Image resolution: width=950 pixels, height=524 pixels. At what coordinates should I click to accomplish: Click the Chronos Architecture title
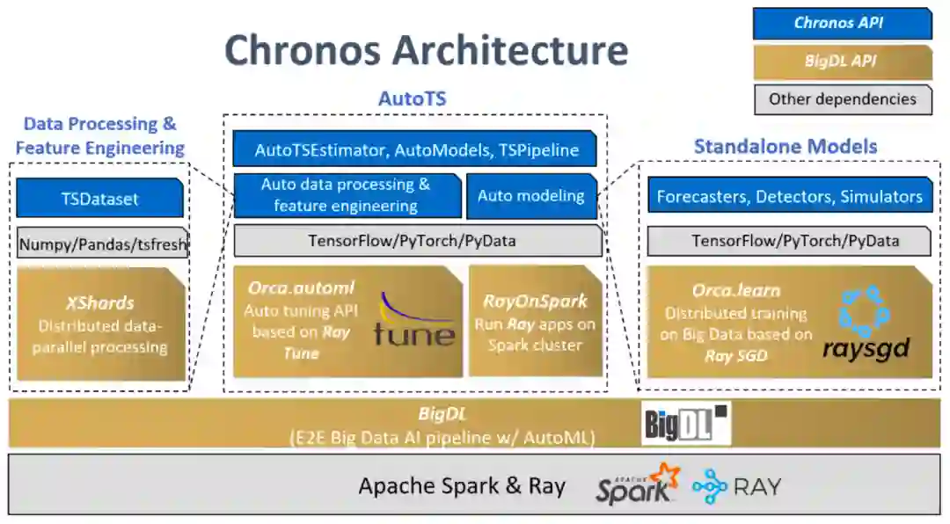(x=427, y=50)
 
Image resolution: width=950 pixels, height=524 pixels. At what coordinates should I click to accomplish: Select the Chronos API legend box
(x=842, y=24)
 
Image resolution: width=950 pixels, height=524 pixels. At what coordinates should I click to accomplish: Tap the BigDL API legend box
(x=842, y=62)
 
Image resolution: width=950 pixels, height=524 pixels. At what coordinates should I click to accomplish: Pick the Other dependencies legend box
(x=842, y=99)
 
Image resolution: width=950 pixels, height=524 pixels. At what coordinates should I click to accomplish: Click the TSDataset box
(x=99, y=199)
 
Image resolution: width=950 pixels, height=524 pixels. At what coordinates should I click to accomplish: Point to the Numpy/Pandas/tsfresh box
(x=102, y=244)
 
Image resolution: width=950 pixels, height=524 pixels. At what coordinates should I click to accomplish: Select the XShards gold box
(x=101, y=324)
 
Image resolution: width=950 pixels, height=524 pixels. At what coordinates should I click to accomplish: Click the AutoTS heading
(x=412, y=98)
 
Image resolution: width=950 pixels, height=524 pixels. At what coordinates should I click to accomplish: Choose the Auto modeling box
(x=530, y=195)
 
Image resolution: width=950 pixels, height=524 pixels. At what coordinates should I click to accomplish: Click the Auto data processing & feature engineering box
(x=346, y=195)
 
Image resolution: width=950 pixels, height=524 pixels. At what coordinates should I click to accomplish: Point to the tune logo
(x=414, y=321)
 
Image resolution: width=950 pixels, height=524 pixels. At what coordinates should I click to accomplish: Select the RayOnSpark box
(x=535, y=322)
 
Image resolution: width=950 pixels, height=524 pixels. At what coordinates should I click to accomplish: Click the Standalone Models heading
(x=786, y=146)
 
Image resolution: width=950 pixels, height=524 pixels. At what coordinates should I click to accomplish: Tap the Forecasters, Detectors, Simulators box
(x=789, y=196)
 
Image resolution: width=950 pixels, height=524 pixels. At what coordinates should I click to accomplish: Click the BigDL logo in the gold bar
(x=686, y=424)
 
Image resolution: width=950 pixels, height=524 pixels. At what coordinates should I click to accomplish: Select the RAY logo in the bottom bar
(x=736, y=486)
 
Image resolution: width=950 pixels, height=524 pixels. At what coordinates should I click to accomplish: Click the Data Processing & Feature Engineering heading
(x=99, y=135)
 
